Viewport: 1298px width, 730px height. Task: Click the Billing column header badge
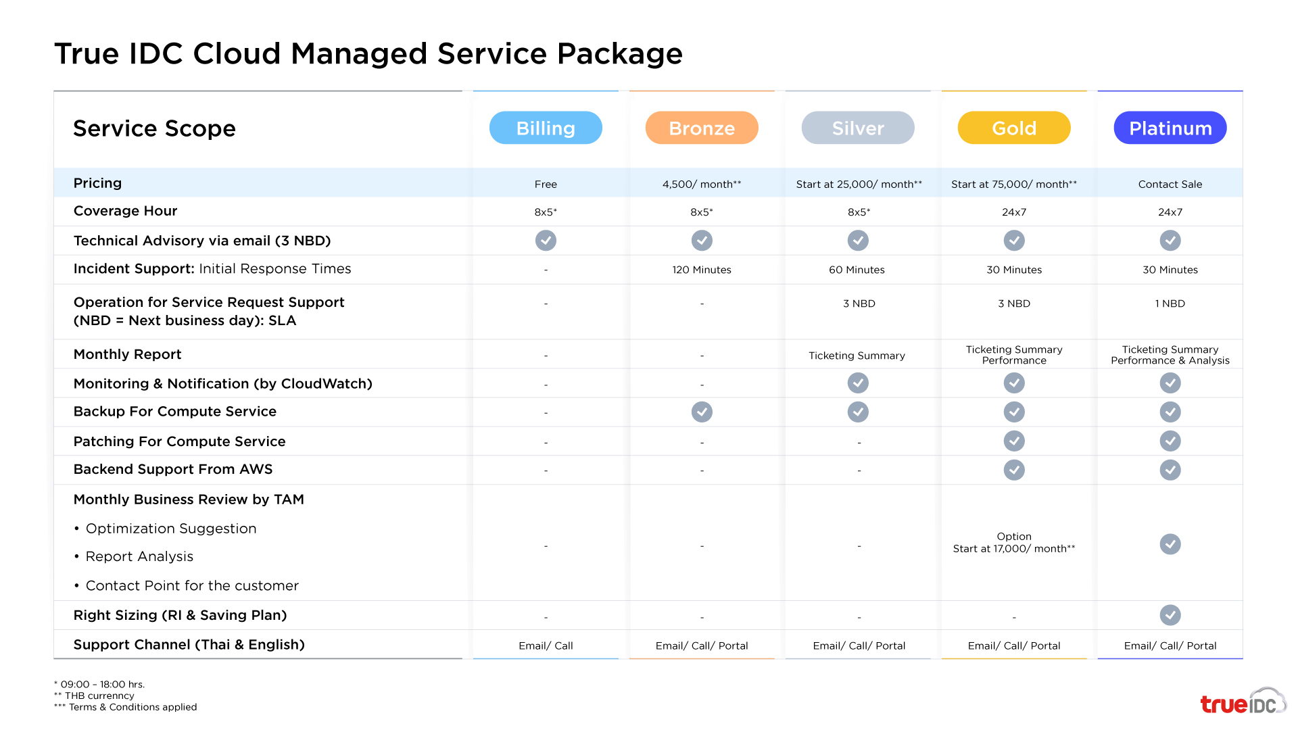point(546,128)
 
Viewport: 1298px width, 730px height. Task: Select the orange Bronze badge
point(702,128)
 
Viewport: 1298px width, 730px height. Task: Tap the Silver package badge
point(858,128)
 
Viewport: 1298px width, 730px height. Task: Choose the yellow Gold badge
point(1014,128)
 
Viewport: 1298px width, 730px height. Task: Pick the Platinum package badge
point(1170,128)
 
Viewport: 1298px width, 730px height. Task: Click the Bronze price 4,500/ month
point(702,184)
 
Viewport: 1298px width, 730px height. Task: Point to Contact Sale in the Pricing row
point(1170,184)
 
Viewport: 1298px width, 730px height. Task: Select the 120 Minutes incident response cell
point(702,270)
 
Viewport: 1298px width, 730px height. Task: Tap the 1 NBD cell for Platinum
point(1170,303)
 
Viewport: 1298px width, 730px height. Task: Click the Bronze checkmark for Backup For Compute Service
point(702,412)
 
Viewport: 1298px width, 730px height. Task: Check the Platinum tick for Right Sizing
point(1170,615)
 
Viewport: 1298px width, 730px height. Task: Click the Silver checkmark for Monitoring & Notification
point(858,383)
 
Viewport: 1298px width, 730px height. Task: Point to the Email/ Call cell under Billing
point(546,646)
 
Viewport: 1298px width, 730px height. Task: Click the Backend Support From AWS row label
point(173,469)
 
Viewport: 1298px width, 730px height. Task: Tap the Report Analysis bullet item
point(139,556)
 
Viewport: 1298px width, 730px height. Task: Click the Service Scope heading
point(154,128)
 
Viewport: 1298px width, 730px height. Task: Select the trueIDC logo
point(1243,702)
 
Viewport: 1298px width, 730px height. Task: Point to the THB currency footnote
point(95,696)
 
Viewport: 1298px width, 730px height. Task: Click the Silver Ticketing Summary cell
point(857,356)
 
